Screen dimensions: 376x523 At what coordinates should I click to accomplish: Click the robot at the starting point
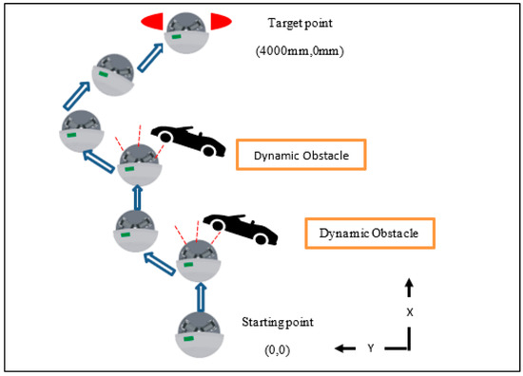tap(201, 333)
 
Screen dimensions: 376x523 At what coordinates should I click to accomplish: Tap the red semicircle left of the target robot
tap(152, 21)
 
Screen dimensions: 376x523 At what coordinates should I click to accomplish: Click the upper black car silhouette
tap(188, 138)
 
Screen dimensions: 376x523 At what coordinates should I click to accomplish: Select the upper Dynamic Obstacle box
tap(301, 155)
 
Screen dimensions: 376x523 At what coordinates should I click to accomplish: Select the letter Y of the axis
tap(370, 348)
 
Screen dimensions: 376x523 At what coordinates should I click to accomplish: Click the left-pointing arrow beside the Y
tap(343, 348)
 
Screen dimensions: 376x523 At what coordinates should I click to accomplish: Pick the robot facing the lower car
tap(197, 258)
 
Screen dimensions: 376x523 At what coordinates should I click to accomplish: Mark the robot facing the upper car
tap(139, 165)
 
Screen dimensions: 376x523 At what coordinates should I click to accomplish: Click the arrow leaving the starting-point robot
tap(201, 296)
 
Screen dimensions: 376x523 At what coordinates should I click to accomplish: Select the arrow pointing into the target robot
tap(149, 58)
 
